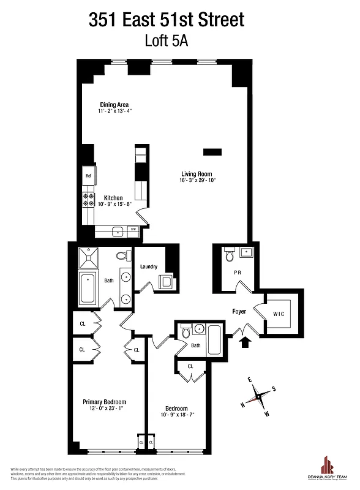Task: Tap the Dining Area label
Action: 114,104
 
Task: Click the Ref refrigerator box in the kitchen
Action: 88,176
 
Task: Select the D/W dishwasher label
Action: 133,229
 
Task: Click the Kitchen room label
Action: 114,198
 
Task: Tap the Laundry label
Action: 149,266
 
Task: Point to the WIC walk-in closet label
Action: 279,314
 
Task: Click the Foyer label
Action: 239,311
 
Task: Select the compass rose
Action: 260,396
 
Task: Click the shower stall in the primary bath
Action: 91,257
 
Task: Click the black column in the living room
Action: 212,151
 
